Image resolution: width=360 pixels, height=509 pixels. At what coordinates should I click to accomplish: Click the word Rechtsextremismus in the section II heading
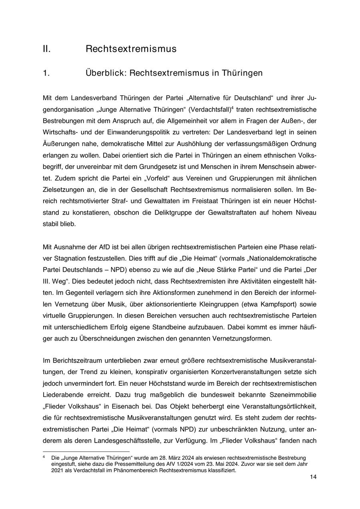coord(131,49)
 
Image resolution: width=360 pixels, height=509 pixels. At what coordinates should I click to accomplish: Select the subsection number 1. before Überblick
coord(46,73)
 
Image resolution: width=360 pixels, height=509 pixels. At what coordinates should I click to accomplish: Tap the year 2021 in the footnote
coord(57,470)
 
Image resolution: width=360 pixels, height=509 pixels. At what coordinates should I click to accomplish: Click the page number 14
coord(313,477)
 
